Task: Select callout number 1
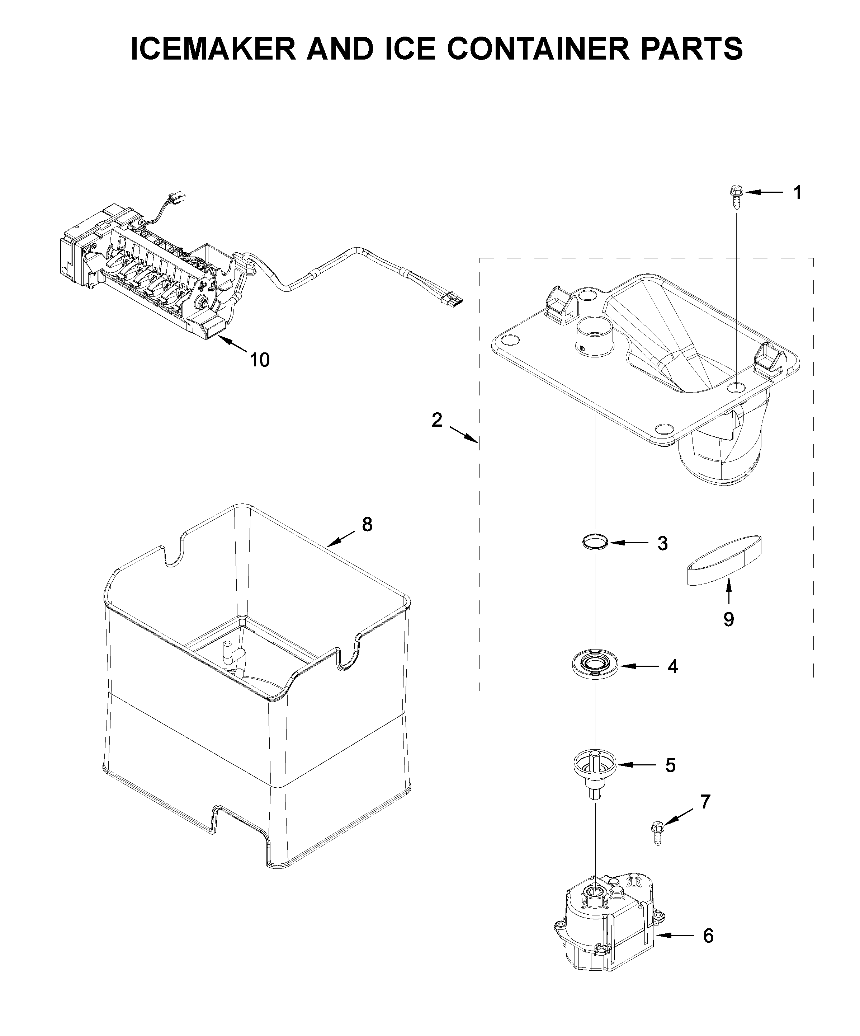click(797, 193)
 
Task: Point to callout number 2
click(437, 420)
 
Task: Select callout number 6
click(708, 936)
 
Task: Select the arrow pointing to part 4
click(639, 666)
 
